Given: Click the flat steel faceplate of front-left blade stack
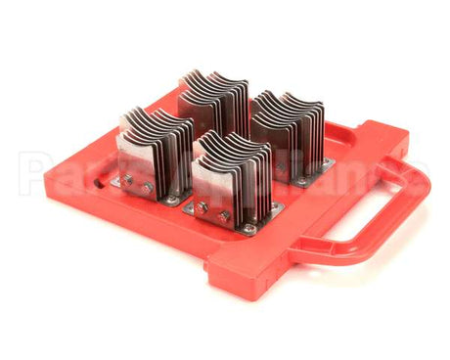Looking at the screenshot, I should [x=137, y=161].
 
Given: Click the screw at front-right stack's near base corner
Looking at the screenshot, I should [x=249, y=229].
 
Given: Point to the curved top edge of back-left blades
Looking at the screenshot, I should [x=210, y=78].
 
